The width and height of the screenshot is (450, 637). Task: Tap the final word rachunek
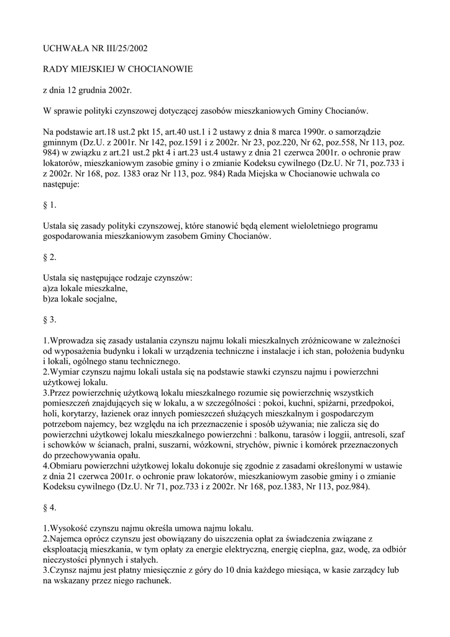(x=153, y=581)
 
